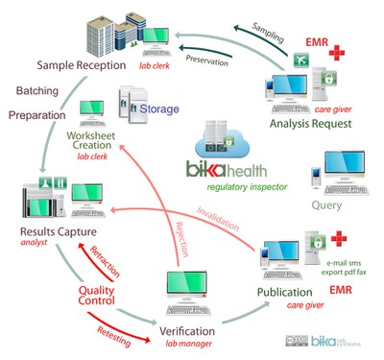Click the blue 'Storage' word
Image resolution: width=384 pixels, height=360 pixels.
(158, 109)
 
